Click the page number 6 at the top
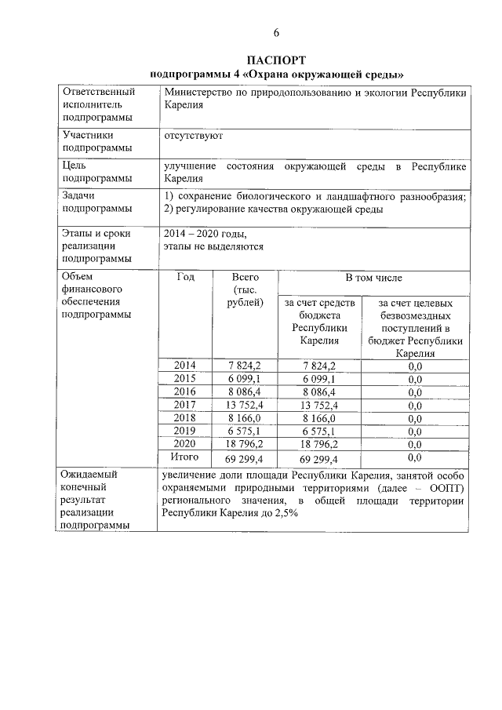[276, 32]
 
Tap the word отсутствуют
[194, 135]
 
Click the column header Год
[186, 278]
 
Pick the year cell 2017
[184, 405]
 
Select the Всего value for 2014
[245, 366]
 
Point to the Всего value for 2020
[245, 444]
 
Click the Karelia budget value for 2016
[318, 391]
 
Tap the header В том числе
[374, 278]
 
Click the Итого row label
[184, 457]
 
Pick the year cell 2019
[184, 431]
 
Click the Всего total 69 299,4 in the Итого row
[245, 457]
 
